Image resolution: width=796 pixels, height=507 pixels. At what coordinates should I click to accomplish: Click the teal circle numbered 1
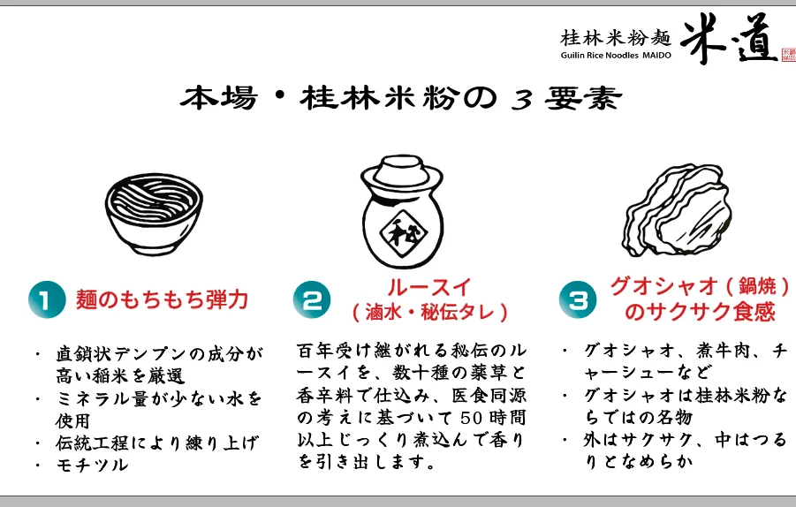(47, 299)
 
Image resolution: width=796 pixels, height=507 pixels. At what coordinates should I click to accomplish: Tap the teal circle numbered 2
(312, 299)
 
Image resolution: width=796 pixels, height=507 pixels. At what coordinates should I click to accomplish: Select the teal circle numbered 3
(578, 299)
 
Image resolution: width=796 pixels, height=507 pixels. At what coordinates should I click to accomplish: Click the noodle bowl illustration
(154, 213)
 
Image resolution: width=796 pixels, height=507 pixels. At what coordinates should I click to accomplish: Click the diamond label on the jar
(404, 233)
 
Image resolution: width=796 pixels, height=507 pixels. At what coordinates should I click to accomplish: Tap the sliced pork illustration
(676, 209)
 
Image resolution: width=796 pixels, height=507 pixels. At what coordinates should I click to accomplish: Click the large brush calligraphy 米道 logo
(729, 38)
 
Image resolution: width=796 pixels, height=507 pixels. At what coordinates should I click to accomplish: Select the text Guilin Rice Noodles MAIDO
(616, 56)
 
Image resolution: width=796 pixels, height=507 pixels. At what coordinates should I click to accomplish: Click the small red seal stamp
(788, 54)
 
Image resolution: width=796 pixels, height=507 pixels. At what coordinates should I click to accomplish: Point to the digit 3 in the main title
(522, 99)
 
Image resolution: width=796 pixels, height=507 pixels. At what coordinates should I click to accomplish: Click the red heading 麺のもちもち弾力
(162, 299)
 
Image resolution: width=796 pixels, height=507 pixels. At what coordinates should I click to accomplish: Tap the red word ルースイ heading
(429, 288)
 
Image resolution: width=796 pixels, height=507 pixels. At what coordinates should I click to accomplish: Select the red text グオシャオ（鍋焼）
(700, 286)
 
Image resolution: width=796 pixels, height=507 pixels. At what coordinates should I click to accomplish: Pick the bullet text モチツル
(92, 465)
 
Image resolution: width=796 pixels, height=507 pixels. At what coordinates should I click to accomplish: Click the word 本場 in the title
(219, 98)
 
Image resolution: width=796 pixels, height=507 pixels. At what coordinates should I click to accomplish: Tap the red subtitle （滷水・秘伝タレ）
(429, 312)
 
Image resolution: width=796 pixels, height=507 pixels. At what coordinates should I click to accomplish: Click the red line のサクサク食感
(700, 312)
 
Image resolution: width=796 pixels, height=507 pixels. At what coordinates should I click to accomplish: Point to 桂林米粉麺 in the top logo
(616, 38)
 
